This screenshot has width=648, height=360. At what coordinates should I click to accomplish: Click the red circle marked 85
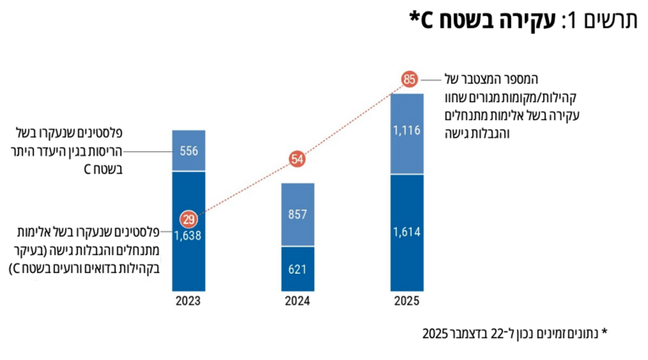(410, 80)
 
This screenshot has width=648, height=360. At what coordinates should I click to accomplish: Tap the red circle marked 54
(297, 159)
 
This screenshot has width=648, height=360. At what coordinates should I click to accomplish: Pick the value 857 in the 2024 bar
(297, 215)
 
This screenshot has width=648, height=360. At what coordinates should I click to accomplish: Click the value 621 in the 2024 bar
(297, 270)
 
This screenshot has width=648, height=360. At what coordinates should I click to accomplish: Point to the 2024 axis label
(297, 300)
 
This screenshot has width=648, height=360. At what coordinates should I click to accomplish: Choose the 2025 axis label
(406, 300)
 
